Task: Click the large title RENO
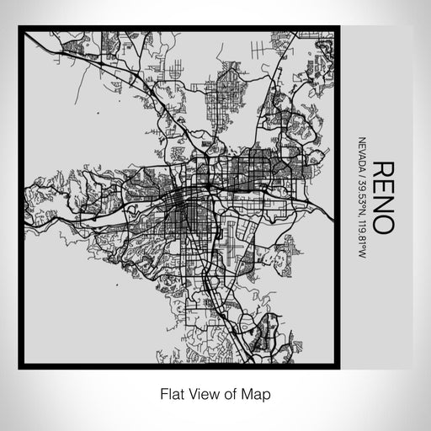[x=381, y=197]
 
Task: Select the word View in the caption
[x=200, y=393]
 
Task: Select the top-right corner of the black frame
[x=338, y=29]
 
